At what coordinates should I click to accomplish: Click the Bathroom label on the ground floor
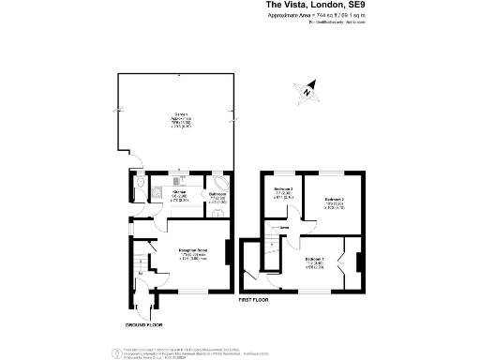coord(217,197)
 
